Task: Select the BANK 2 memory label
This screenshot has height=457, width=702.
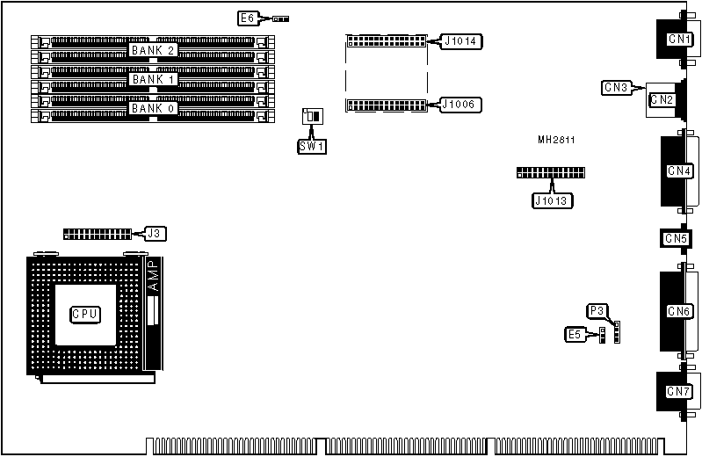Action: pyautogui.click(x=154, y=50)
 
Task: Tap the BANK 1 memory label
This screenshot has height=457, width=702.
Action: pyautogui.click(x=154, y=79)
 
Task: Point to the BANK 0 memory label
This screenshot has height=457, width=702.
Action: pyautogui.click(x=154, y=108)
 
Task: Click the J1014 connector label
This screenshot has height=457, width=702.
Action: pyautogui.click(x=460, y=40)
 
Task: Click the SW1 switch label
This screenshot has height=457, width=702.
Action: pyautogui.click(x=311, y=145)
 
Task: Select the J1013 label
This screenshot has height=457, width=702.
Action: pyautogui.click(x=553, y=200)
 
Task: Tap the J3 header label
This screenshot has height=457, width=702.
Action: pyautogui.click(x=154, y=233)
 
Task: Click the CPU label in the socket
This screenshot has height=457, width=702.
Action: pyautogui.click(x=85, y=314)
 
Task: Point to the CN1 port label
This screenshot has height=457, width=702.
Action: pyautogui.click(x=679, y=39)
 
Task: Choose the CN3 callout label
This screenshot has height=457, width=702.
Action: pyautogui.click(x=616, y=87)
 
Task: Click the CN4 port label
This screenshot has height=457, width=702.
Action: pyautogui.click(x=679, y=170)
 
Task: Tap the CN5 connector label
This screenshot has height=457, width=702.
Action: pyautogui.click(x=676, y=238)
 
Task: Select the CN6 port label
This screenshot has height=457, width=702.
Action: pyautogui.click(x=679, y=311)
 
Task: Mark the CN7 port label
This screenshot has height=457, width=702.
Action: pyautogui.click(x=678, y=391)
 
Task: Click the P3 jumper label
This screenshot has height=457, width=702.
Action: pyautogui.click(x=597, y=310)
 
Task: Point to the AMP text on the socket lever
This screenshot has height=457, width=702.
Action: pyautogui.click(x=153, y=276)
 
